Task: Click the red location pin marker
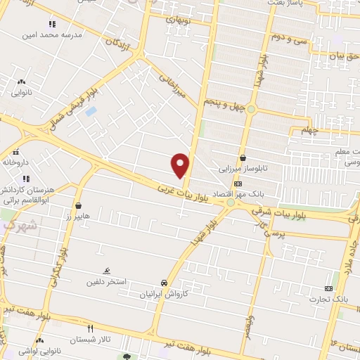tap(181, 165)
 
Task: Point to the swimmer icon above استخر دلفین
tap(106, 271)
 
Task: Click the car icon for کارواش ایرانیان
tap(164, 279)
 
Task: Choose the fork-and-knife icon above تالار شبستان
tap(90, 328)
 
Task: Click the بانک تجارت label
tap(328, 299)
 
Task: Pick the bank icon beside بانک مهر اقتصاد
tap(238, 184)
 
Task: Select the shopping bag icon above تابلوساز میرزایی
tap(243, 158)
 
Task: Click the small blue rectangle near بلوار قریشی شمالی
tap(91, 111)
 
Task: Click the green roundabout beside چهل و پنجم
tap(251, 109)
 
